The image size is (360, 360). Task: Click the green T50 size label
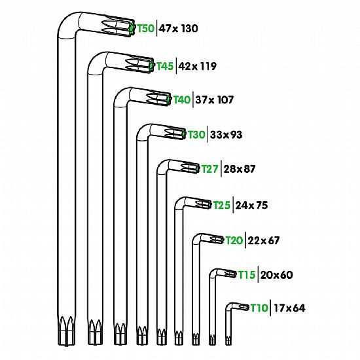tap(146, 28)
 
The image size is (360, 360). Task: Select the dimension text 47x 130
tap(178, 28)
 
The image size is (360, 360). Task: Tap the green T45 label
tap(165, 66)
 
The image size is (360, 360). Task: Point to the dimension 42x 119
tap(197, 66)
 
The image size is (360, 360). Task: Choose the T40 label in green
tap(182, 99)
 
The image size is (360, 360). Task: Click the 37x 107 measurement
tap(215, 99)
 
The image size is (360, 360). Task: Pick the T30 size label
tap(196, 134)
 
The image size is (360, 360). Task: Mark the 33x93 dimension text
tap(226, 134)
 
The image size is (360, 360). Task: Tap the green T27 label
tap(210, 169)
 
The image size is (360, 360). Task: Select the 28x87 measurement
tap(240, 169)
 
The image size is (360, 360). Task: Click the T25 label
tap(222, 205)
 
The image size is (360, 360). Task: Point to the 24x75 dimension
tap(251, 205)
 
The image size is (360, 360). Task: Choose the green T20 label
tap(234, 240)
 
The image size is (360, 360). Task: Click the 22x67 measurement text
tap(264, 240)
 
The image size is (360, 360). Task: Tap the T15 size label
tap(247, 275)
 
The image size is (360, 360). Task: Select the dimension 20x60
tap(277, 275)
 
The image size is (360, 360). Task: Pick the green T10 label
tap(259, 308)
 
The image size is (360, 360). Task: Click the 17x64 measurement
tap(289, 308)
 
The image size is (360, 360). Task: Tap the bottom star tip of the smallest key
tap(228, 341)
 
